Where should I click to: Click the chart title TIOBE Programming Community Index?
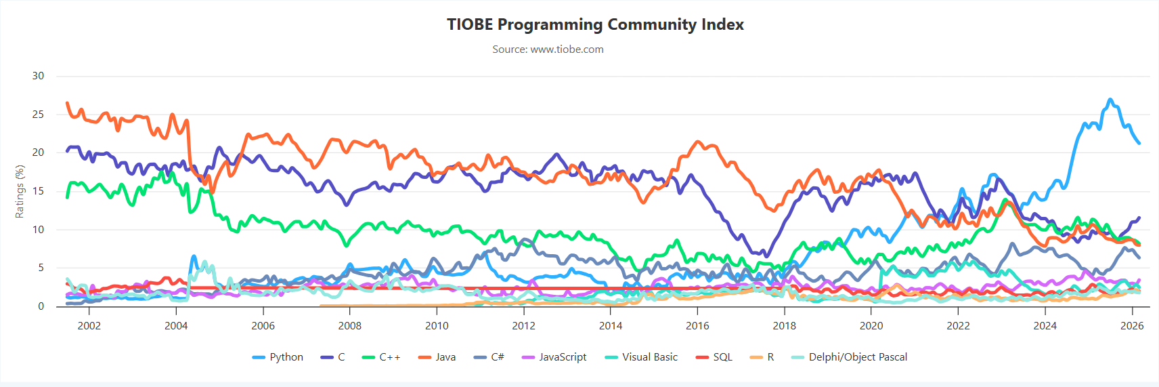pos(595,24)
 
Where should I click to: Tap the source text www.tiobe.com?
pos(548,49)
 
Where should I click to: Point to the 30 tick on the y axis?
pos(39,76)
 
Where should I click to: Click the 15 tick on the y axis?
pos(39,191)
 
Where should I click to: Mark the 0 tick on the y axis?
pos(41,306)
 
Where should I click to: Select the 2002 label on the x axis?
pos(89,326)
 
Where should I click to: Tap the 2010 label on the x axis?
pos(437,326)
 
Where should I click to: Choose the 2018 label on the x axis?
pos(785,326)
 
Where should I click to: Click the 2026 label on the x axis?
pos(1132,326)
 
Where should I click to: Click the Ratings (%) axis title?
pos(20,191)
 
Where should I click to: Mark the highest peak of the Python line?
pos(1110,100)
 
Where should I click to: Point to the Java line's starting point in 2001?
pos(67,103)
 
